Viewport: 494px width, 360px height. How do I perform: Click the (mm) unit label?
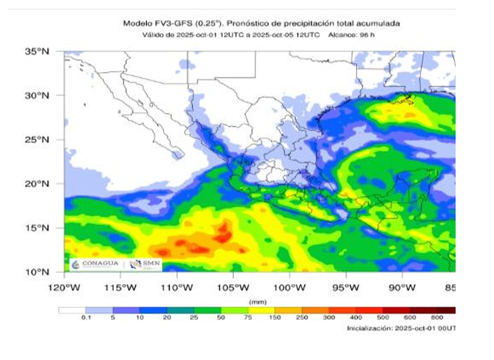pos(254,302)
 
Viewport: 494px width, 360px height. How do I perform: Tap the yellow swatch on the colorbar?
pos(261,310)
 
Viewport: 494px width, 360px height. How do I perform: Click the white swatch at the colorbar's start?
pos(72,310)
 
